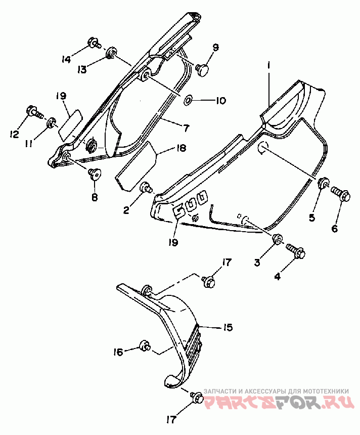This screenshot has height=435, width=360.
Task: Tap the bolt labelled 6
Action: (341, 194)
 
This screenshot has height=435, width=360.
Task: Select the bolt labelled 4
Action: (296, 250)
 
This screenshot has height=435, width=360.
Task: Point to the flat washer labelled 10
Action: (189, 99)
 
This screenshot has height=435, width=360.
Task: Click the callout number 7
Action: (185, 128)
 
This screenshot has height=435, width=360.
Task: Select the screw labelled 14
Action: (94, 43)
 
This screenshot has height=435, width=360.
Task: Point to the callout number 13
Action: (82, 69)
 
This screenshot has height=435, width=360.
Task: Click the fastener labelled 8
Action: (95, 175)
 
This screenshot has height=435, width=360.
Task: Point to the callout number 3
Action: (257, 262)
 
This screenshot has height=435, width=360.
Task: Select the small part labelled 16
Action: (145, 345)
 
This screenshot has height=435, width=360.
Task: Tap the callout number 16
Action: (118, 353)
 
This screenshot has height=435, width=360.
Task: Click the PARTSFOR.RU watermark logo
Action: (279, 402)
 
